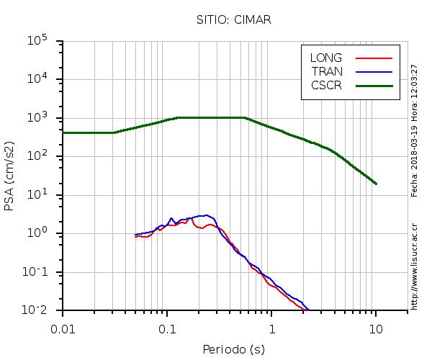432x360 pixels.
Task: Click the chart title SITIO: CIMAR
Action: click(233, 19)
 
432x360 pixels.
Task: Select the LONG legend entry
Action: click(326, 58)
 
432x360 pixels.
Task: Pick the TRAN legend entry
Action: click(326, 71)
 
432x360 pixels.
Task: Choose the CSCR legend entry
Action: click(326, 85)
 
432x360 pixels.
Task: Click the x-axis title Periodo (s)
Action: click(233, 350)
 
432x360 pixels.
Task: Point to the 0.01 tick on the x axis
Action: click(63, 328)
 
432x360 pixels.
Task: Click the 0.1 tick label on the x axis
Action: click(167, 328)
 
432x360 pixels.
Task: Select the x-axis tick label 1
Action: click(271, 328)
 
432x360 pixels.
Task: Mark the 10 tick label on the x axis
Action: click(376, 328)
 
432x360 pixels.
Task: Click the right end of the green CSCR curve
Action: click(376, 184)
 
